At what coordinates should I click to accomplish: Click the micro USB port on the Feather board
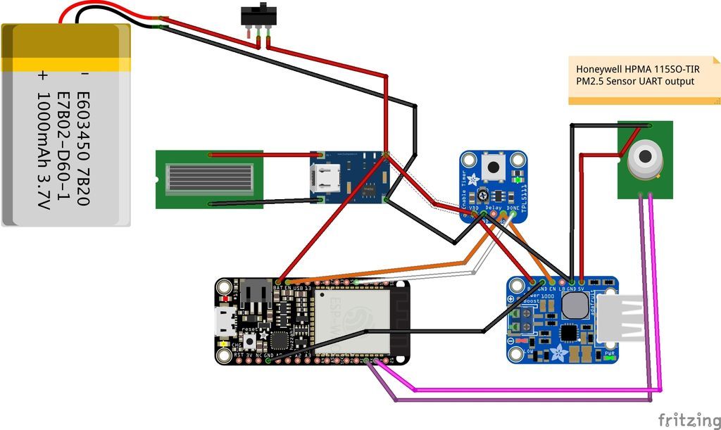pos(225,322)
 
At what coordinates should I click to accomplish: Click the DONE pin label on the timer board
pos(513,208)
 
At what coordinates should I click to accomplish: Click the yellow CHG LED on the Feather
pos(224,344)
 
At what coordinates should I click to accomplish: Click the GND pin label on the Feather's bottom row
pos(268,355)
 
